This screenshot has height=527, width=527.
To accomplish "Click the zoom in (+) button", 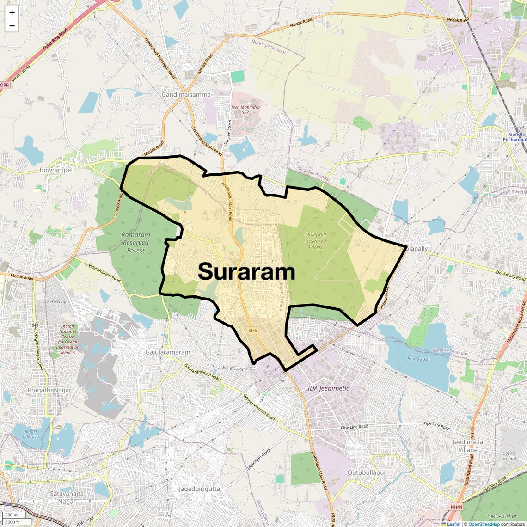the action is (12, 12).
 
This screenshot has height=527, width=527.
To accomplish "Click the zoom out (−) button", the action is (12, 26).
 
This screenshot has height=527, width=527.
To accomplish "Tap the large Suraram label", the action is (246, 272).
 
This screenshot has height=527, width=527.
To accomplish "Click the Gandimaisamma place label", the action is (186, 94).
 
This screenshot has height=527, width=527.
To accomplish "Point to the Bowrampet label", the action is (56, 170).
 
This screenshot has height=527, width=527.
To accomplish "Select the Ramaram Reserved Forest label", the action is (136, 242).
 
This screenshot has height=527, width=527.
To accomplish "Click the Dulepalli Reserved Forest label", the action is (316, 241).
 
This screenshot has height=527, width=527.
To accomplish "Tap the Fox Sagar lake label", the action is (418, 358).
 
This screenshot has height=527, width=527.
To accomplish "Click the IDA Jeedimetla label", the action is (329, 388).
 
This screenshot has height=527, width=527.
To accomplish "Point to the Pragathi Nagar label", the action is (49, 390).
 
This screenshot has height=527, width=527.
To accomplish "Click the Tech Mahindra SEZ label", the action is (245, 110).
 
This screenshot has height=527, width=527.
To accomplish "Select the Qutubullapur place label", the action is (367, 472).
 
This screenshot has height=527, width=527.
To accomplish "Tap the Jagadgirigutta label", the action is (199, 488).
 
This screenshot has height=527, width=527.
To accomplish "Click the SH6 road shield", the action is (252, 330).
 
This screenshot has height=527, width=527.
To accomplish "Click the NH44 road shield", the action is (455, 507).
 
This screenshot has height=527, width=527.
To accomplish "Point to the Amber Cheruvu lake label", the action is (31, 434).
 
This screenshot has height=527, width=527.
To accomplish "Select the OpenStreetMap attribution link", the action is (484, 524).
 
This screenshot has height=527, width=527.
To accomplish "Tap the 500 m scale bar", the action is (12, 515).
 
